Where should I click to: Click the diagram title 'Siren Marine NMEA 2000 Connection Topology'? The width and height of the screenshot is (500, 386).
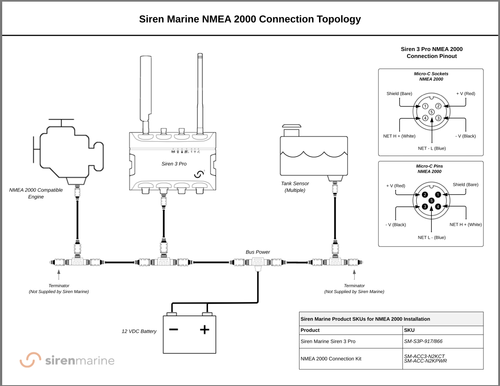[x=250, y=19]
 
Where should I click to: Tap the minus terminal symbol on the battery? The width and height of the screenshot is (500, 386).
[x=173, y=329]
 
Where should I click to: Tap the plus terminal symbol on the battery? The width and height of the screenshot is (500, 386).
[x=204, y=329]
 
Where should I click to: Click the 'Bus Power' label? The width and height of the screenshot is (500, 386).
[x=258, y=252]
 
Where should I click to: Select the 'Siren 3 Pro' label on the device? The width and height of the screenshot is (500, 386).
[x=174, y=164]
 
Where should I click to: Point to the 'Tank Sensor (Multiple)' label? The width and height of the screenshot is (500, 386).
[x=295, y=187]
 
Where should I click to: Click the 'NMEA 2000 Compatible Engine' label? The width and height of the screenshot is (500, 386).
[x=36, y=193]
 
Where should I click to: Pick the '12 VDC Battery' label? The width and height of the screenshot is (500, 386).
[x=139, y=331]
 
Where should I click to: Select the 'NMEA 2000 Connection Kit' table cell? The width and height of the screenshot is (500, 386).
[x=331, y=359]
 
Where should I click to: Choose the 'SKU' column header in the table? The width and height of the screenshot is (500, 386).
[x=409, y=330]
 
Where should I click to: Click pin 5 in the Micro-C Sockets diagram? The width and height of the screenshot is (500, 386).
[x=432, y=112]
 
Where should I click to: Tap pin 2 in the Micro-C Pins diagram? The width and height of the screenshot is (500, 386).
[x=425, y=195]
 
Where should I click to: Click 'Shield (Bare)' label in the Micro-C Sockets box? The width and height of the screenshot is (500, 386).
[x=399, y=94]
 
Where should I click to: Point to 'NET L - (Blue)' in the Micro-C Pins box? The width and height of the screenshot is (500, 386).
[x=431, y=238]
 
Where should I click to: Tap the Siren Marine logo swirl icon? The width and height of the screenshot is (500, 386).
[x=31, y=360]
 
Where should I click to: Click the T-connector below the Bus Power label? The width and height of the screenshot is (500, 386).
[x=258, y=263]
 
